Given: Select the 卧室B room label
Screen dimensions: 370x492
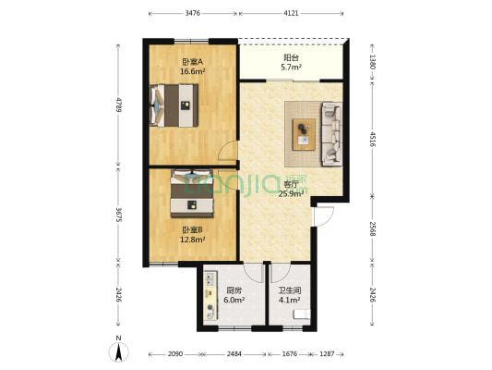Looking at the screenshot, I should click(192, 229).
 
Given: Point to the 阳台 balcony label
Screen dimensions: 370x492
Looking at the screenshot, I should click(291, 57).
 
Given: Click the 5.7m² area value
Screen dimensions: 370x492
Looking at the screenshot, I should click(291, 68).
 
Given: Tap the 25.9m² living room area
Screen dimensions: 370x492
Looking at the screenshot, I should click(291, 193).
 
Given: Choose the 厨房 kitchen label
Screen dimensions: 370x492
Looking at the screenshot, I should click(234, 290).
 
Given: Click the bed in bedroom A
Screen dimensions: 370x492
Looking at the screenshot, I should click(175, 105).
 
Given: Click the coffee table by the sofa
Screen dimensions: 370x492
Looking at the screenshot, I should click(304, 134).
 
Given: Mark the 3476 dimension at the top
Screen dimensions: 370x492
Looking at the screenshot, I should click(192, 13).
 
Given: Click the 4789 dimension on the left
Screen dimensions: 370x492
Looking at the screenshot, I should click(118, 103).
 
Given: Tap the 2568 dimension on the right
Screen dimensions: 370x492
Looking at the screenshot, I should click(372, 228).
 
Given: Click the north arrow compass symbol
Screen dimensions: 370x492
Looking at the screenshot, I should click(120, 352).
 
